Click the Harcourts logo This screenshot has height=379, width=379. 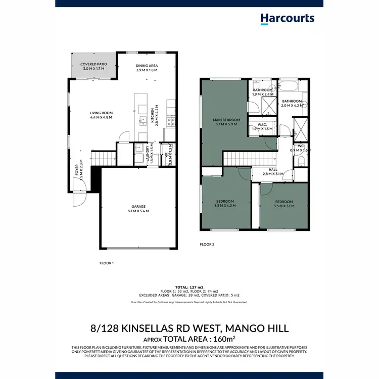pyautogui.click(x=287, y=19)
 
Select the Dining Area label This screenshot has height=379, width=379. pyautogui.click(x=147, y=68)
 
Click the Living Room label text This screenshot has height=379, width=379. pyautogui.click(x=101, y=115)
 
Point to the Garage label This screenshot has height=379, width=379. pyautogui.click(x=138, y=208)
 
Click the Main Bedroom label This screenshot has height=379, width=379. pyautogui.click(x=226, y=122)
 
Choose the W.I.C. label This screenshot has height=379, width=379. pyautogui.click(x=262, y=126)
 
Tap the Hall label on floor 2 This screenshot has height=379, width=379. pyautogui.click(x=272, y=172)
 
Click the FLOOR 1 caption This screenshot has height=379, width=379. pyautogui.click(x=106, y=263)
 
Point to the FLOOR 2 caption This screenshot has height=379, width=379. pyautogui.click(x=207, y=244)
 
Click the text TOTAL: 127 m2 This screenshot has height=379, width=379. pyautogui.click(x=189, y=287)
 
